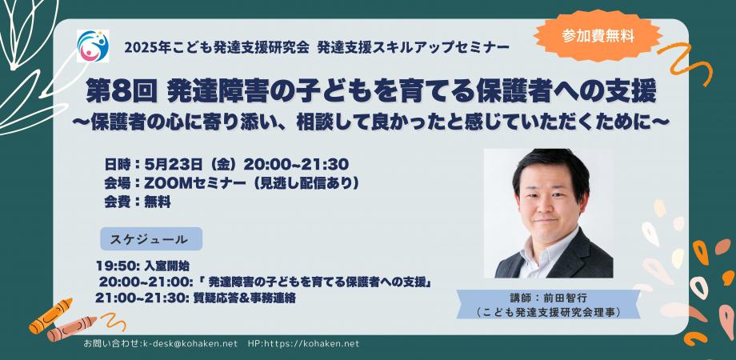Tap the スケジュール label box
click(x=150, y=238)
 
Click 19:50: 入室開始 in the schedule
click(x=142, y=266)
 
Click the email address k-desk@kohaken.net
click(x=190, y=343)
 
